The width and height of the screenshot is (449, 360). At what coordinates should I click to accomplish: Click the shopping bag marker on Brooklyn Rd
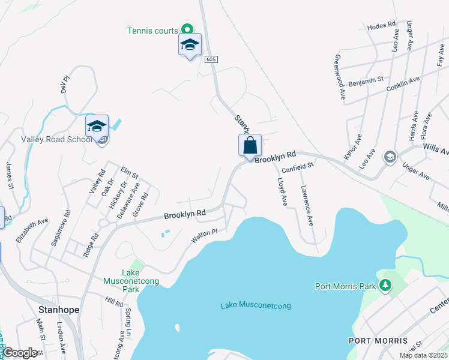[x=250, y=146]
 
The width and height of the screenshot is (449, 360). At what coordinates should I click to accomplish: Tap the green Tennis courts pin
[x=187, y=28]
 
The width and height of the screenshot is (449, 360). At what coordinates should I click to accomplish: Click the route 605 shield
[x=210, y=59]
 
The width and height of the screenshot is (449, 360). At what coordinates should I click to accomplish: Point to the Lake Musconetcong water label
[x=255, y=306]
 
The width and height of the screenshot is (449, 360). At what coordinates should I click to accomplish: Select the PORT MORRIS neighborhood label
[x=378, y=340]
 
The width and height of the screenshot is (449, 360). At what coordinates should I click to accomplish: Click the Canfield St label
[x=298, y=166]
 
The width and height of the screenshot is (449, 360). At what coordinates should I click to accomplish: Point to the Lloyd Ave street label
[x=282, y=191]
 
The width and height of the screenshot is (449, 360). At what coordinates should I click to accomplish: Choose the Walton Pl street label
[x=203, y=235]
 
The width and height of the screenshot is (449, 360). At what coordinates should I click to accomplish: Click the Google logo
[x=20, y=353]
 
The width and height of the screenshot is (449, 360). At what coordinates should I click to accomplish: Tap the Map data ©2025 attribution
[x=423, y=355]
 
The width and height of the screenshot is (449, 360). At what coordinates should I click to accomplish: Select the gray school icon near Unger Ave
[x=390, y=156]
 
